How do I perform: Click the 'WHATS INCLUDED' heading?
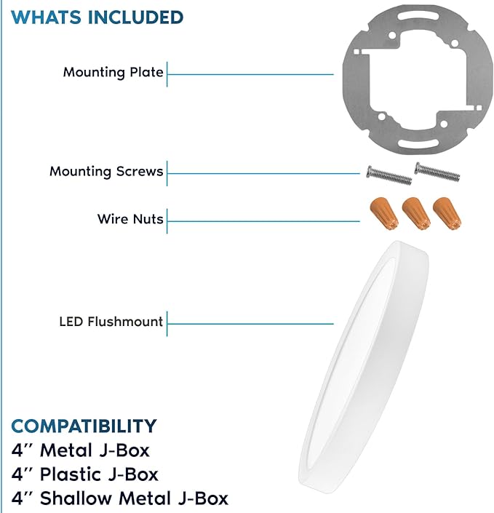pyautogui.click(x=97, y=17)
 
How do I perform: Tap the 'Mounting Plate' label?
pyautogui.click(x=113, y=72)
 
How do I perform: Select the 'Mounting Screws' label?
pyautogui.click(x=106, y=172)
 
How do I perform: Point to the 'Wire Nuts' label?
pyautogui.click(x=130, y=219)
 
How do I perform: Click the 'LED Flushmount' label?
pyautogui.click(x=111, y=322)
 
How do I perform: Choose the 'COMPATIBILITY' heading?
pyautogui.click(x=84, y=426)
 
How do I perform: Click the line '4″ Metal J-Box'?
pyautogui.click(x=81, y=450)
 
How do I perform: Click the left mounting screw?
pyautogui.click(x=389, y=175)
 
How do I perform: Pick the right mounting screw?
pyautogui.click(x=437, y=172)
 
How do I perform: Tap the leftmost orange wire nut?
pyautogui.click(x=384, y=213)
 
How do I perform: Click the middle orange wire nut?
pyautogui.click(x=416, y=213)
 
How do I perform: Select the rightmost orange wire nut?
pyautogui.click(x=447, y=213)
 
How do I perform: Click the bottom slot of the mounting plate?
pyautogui.click(x=418, y=143)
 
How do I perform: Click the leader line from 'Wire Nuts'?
pyautogui.click(x=263, y=221)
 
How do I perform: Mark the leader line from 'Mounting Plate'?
pyautogui.click(x=250, y=74)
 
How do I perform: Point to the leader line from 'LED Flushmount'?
pyautogui.click(x=250, y=324)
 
